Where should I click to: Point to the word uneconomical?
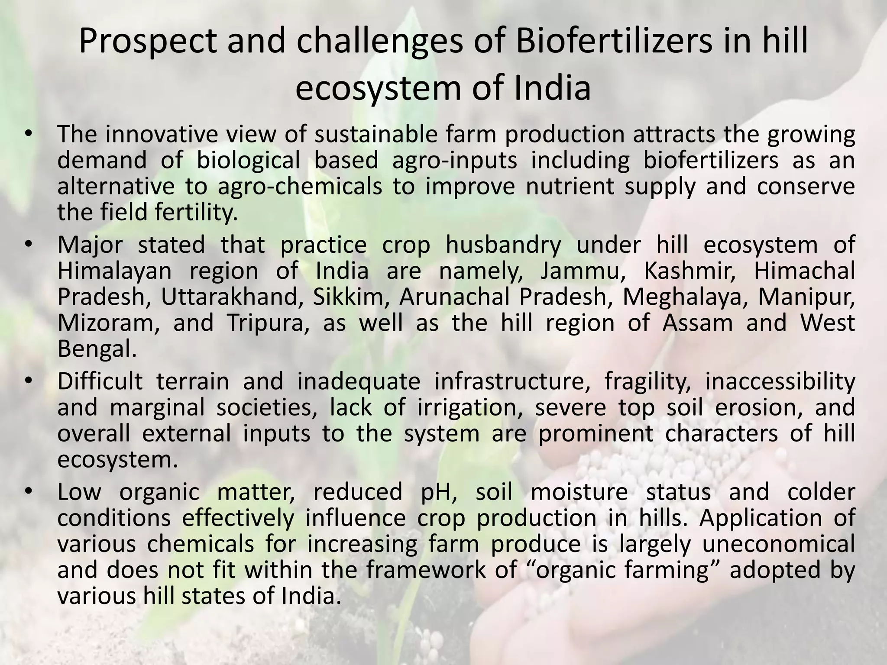[778, 544]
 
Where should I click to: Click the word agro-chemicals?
[300, 187]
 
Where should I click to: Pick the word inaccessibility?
[780, 382]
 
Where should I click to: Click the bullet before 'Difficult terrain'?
[29, 381]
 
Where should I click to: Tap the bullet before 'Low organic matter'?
[29, 492]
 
